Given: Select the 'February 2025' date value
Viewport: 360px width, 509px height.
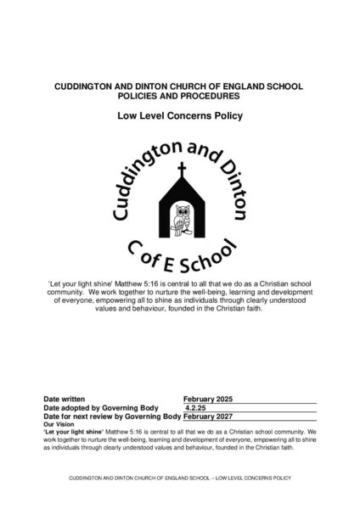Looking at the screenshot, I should pos(208,398).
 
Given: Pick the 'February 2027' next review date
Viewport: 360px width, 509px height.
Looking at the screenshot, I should pos(208,417).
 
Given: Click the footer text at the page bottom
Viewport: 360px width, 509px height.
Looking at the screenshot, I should pos(180,478).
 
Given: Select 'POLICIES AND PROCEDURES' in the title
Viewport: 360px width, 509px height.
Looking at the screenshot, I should pos(180,95).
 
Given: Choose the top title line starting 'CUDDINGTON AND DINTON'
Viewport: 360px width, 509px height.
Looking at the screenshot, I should pos(180,87).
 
